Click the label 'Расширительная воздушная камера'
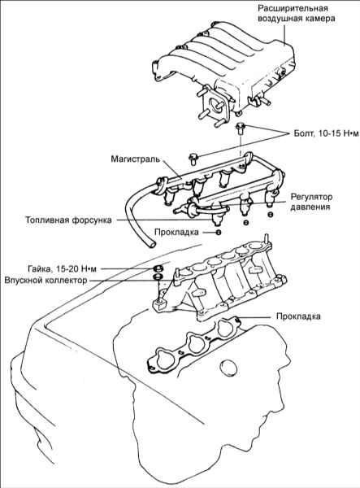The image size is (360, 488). (297, 13)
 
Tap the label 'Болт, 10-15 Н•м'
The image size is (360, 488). (326, 133)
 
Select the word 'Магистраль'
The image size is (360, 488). (135, 159)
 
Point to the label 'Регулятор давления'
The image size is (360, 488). (311, 202)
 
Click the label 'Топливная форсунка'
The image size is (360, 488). (68, 220)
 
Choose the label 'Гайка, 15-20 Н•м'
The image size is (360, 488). (62, 268)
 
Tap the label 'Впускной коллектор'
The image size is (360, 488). (46, 280)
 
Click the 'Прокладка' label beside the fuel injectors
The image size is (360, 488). (176, 232)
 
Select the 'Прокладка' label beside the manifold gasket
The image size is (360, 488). (298, 316)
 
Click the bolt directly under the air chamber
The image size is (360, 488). (240, 128)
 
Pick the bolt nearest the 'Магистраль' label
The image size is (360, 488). (193, 159)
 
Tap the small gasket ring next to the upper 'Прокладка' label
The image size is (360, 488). (219, 232)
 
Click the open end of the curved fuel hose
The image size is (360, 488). (151, 243)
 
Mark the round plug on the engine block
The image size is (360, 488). (229, 367)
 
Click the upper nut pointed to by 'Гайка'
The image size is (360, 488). (158, 268)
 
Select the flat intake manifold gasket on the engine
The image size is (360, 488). (193, 345)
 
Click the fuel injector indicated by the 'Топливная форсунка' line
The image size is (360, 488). (216, 217)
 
